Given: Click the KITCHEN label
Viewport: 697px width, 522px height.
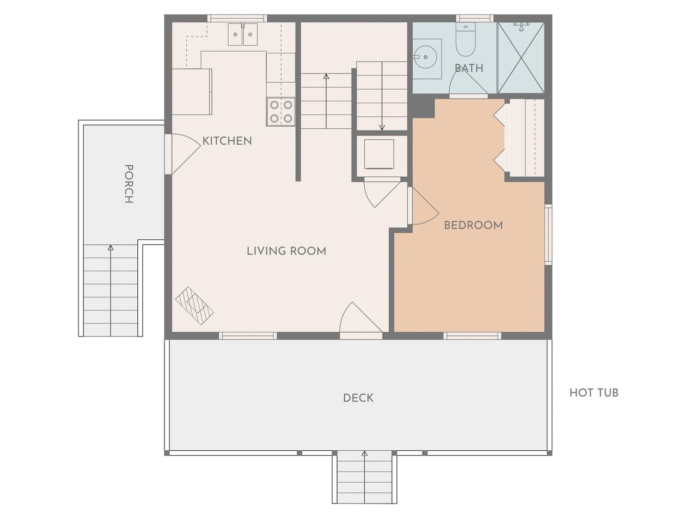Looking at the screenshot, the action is (x=227, y=141).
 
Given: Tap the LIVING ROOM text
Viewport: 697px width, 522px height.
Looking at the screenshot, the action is (x=286, y=251).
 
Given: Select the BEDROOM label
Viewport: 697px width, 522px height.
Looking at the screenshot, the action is (x=473, y=225).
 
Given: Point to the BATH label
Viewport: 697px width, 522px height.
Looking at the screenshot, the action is (x=469, y=68).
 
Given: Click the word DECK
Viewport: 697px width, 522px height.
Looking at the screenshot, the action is (x=358, y=398).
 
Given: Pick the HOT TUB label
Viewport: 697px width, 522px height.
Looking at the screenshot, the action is (x=594, y=393).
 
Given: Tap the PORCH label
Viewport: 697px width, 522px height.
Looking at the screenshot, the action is (x=129, y=184).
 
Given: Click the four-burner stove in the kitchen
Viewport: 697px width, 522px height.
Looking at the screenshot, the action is (x=281, y=111).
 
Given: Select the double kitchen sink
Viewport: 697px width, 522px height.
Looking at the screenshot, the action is (x=243, y=34).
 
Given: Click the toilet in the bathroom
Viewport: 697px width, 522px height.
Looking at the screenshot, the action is (x=466, y=39).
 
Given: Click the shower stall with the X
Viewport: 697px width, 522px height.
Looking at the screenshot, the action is (x=521, y=58).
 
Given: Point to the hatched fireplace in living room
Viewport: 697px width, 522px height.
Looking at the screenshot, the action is (x=194, y=306).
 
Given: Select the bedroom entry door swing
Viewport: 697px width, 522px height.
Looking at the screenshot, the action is (x=424, y=206).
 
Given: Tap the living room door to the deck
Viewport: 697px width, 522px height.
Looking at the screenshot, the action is (x=361, y=320).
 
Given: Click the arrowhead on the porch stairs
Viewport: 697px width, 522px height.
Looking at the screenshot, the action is (x=111, y=247).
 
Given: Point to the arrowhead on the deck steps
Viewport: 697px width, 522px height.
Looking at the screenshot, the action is (x=364, y=453).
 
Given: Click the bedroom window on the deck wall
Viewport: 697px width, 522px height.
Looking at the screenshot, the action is (x=473, y=335).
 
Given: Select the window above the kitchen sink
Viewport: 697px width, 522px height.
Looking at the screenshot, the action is (x=237, y=18).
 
